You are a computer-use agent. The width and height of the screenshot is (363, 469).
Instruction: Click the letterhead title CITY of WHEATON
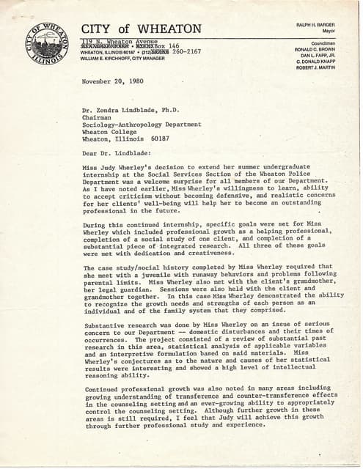(140, 29)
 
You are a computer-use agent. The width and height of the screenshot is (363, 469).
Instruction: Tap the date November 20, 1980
(114, 81)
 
